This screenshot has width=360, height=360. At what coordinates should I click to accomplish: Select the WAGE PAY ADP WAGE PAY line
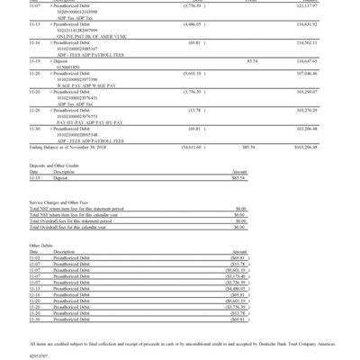click(x=82, y=100)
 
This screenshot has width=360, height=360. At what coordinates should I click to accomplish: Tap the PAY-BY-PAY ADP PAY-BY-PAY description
click(x=85, y=121)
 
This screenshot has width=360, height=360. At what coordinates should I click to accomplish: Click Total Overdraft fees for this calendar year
click(x=81, y=228)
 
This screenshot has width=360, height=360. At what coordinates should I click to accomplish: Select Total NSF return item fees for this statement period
click(x=85, y=209)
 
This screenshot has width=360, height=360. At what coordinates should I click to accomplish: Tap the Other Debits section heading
click(x=41, y=245)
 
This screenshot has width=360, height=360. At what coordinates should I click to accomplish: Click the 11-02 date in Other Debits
click(x=35, y=257)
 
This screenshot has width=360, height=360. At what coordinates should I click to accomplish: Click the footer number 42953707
click(x=39, y=354)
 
